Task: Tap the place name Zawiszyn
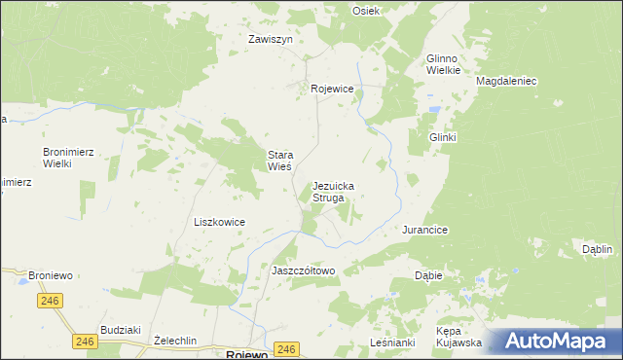pyautogui.click(x=271, y=40)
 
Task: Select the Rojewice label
pyautogui.click(x=332, y=89)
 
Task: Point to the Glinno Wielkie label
pyautogui.click(x=443, y=64)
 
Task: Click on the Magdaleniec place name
pyautogui.click(x=506, y=82)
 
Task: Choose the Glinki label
pyautogui.click(x=443, y=138)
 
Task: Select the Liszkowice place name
pyautogui.click(x=219, y=222)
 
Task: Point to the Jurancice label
pyautogui.click(x=424, y=231)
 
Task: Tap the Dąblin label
pyautogui.click(x=597, y=249)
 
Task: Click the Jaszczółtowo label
pyautogui.click(x=304, y=270)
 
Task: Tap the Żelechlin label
pyautogui.click(x=176, y=341)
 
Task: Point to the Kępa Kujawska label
pyautogui.click(x=459, y=337)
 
